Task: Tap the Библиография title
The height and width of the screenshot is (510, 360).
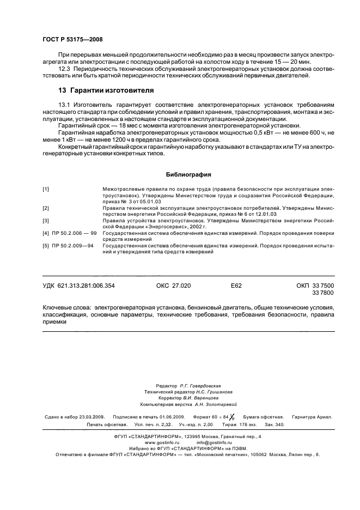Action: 180,175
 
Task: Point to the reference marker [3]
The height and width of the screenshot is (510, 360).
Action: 46,221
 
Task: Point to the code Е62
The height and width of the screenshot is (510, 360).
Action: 236,286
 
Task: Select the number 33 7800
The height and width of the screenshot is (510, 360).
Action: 324,293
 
